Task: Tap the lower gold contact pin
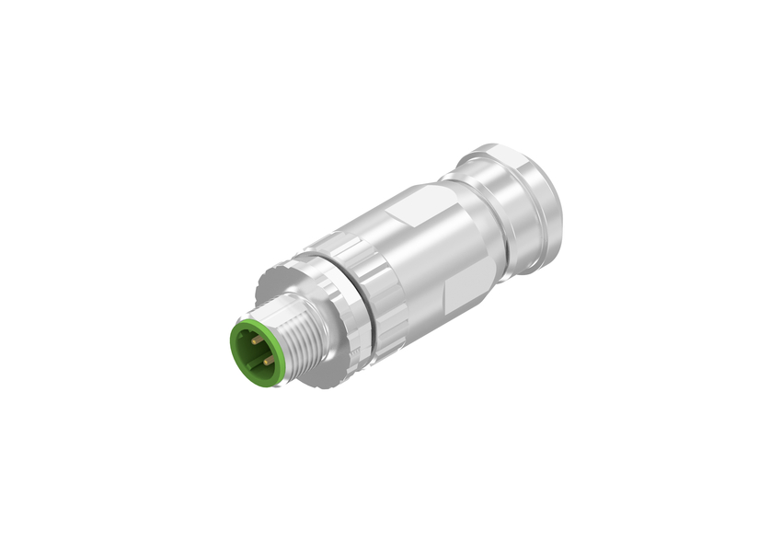pyautogui.click(x=268, y=361)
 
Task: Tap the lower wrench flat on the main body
pyautogui.click(x=459, y=295)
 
